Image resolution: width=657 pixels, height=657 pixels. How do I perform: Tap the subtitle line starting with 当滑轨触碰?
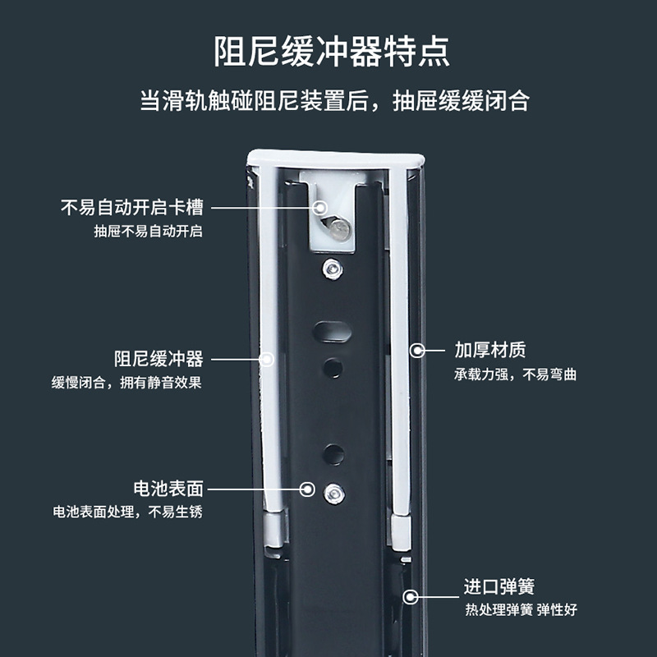(333, 101)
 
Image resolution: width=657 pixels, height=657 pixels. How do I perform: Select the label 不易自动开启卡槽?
(131, 208)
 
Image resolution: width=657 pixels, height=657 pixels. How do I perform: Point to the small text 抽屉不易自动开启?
(148, 231)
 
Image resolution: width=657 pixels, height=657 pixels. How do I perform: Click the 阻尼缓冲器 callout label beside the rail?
(159, 359)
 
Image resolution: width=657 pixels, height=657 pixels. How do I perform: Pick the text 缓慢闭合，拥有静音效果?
(126, 382)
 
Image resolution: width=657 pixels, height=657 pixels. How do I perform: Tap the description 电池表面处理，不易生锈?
(126, 512)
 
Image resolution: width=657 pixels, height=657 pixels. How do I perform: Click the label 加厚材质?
(490, 351)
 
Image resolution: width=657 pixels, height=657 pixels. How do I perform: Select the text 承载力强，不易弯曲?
(516, 374)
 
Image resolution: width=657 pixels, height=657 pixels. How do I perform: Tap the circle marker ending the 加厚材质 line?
(417, 351)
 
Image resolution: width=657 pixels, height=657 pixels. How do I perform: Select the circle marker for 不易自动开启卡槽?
(320, 208)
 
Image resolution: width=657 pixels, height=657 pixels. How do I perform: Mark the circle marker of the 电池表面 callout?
(309, 489)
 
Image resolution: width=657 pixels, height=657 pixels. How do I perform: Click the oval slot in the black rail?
(332, 332)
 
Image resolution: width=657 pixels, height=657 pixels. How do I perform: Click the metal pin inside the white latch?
(336, 226)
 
